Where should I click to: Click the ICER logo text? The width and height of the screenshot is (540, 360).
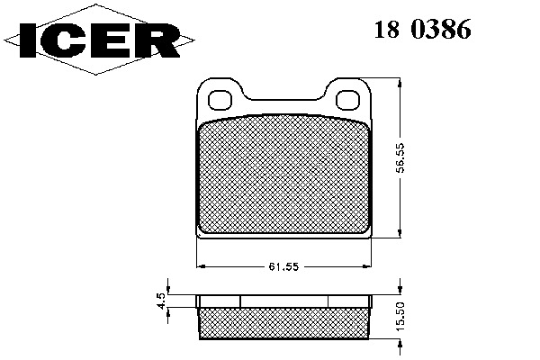(x=100, y=40)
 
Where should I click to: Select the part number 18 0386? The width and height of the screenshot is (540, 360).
(x=423, y=30)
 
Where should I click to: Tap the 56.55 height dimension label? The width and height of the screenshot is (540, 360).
(x=400, y=157)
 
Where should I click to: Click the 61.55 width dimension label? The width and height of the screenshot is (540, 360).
(x=283, y=266)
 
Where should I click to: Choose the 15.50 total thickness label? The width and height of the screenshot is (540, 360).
(x=400, y=317)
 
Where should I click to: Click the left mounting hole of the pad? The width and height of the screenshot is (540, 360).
(x=220, y=100)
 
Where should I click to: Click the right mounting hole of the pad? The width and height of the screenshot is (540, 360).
(x=347, y=100)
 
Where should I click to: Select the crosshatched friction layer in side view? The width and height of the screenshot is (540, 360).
(x=283, y=323)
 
